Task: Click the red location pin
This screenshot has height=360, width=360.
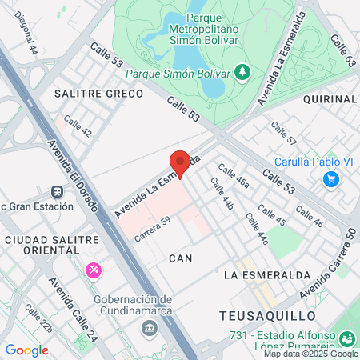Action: coord(180,163)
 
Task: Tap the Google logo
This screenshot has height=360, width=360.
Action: coord(26,350)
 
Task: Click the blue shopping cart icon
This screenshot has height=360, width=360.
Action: coord(330,178)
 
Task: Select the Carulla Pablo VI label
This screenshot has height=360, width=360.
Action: coord(315,161)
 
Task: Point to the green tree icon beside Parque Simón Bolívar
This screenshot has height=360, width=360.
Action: coord(242,73)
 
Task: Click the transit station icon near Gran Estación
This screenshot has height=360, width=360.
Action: coord(57,192)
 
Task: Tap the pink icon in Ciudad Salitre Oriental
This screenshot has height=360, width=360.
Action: coord(94,271)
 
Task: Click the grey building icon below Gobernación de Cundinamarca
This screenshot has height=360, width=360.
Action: coord(149,328)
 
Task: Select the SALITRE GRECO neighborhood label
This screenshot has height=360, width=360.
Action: coord(98,94)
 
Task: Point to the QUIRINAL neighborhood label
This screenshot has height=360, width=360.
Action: coord(330,98)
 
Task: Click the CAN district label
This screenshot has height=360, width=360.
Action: coord(180,258)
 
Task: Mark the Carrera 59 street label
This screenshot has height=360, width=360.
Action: coord(152,230)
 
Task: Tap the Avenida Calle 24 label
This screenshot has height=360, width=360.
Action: coord(73,307)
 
